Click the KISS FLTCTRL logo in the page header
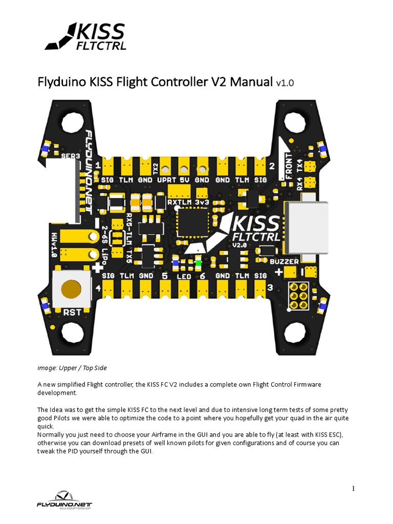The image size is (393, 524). tap(85, 37)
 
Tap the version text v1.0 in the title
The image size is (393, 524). tap(285, 82)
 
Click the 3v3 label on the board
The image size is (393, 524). tap(203, 202)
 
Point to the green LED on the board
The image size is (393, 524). tap(198, 263)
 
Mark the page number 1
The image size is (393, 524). tap(353, 488)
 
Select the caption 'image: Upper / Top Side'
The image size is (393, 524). tap(72, 368)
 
